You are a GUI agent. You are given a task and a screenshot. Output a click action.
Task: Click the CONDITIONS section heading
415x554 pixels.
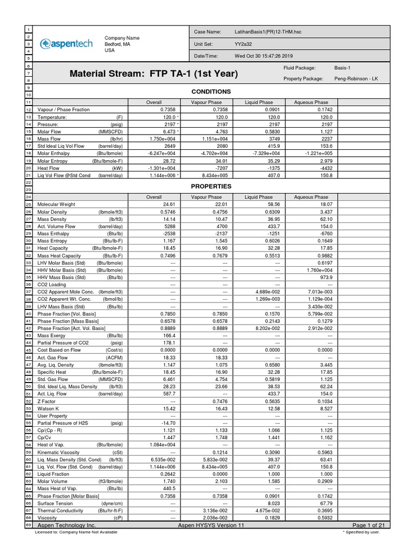point(211,91)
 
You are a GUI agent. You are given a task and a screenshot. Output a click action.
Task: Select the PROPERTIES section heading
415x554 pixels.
point(211,187)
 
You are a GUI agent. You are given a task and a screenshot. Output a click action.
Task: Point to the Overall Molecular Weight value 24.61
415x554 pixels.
point(170,205)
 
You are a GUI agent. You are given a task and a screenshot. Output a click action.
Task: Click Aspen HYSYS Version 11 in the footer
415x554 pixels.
point(211,525)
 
